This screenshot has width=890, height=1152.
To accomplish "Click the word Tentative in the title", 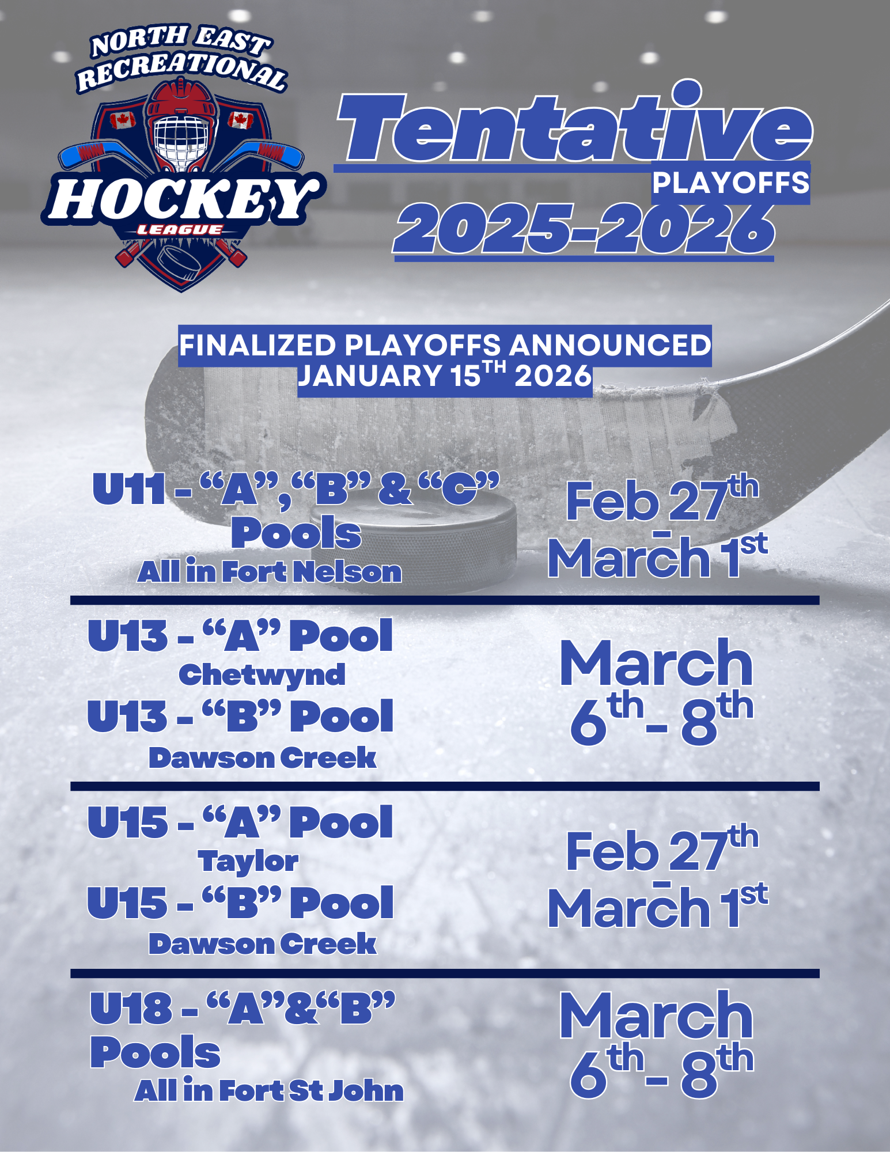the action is tap(574, 122).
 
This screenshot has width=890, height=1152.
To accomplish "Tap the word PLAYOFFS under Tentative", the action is tap(730, 183).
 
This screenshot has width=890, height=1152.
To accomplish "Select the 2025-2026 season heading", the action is tap(584, 229).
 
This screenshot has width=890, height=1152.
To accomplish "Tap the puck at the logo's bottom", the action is tap(179, 262).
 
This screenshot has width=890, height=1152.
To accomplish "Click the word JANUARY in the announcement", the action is tap(369, 377).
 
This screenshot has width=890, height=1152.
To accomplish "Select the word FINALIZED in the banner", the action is tap(257, 346).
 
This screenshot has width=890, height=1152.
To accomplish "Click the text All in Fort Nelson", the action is tap(269, 572).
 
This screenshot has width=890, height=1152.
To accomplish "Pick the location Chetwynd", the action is tap(262, 675).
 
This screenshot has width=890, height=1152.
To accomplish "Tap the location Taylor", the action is tap(248, 861).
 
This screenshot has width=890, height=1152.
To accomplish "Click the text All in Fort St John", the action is tap(269, 1090).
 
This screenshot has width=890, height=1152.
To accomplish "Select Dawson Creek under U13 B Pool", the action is tap(262, 757).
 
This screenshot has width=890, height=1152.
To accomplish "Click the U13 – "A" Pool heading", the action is tap(240, 636).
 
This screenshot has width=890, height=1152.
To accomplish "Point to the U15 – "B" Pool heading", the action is tap(240, 902).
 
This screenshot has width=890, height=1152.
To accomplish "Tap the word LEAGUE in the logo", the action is tap(179, 230).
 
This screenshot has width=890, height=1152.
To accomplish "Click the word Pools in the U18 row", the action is tap(155, 1052).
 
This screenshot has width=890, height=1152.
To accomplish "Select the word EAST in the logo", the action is tap(232, 40).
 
